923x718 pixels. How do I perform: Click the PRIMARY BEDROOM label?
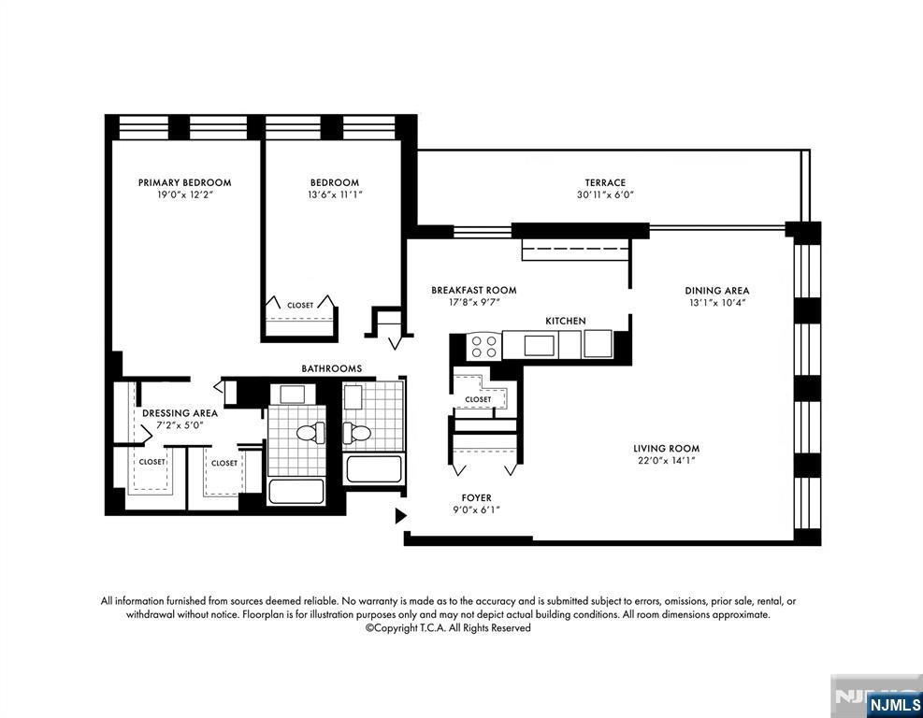(184, 182)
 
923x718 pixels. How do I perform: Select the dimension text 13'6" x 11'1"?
(334, 194)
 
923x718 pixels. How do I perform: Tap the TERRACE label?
(605, 182)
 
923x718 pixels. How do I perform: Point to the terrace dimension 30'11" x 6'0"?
(605, 195)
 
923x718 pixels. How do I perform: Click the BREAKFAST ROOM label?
(473, 290)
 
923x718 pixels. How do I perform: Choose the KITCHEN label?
(565, 321)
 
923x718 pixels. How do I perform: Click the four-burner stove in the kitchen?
(483, 347)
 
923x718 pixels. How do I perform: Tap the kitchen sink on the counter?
(539, 345)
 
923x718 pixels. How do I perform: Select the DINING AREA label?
(716, 290)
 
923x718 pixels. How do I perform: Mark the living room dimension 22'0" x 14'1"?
(666, 460)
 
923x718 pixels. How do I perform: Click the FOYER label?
(476, 497)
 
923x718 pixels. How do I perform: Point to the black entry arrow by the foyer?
(400, 515)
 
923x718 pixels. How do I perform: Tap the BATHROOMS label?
(331, 368)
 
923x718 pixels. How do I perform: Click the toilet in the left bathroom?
(309, 432)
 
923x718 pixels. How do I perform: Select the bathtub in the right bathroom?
(374, 467)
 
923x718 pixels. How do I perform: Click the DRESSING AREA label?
(180, 412)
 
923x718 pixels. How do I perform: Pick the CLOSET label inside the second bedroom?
(300, 305)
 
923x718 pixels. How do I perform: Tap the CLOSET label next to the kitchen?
(478, 399)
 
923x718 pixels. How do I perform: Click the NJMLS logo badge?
(893, 703)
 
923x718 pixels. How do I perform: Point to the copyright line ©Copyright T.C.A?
(448, 628)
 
